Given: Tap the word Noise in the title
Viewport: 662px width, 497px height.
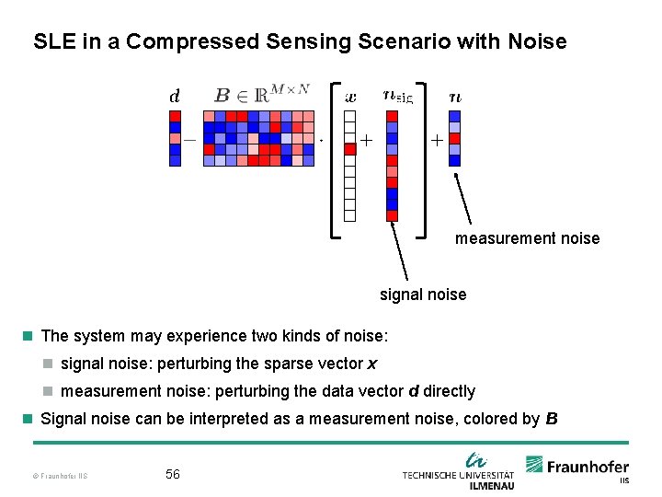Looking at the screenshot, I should point(535,41).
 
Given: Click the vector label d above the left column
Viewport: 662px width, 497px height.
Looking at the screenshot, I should point(175,95).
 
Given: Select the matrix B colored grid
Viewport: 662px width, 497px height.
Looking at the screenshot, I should point(258,138).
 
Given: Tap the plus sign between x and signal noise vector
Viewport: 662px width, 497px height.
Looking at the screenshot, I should point(366,141).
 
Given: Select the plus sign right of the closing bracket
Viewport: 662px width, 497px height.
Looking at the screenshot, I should point(436,141).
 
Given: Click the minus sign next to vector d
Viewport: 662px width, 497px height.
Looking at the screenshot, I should point(189,141).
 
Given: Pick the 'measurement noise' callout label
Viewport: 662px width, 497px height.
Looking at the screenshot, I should point(527,238).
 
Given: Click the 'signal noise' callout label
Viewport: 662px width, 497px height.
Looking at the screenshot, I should point(423,295).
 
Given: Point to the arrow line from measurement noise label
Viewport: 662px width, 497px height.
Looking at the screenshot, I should point(464,197).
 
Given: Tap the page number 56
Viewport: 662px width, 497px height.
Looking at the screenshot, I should point(172,474).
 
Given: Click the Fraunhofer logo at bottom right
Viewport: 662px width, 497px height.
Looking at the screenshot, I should point(576,467).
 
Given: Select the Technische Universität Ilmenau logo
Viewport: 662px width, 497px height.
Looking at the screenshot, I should point(458,471).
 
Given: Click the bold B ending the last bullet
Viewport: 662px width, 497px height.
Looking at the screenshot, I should point(551,419).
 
